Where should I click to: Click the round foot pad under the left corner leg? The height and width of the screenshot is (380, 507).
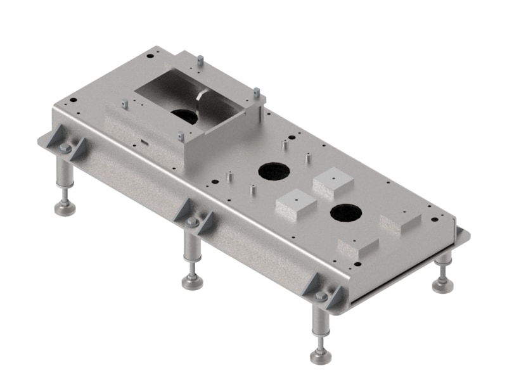click(65, 207)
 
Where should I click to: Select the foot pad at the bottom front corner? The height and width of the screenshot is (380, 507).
click(321, 356)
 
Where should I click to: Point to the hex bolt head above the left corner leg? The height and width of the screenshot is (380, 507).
click(65, 148)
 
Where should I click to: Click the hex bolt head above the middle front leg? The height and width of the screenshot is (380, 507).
click(192, 222)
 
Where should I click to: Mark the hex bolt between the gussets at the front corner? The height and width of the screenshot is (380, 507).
click(321, 296)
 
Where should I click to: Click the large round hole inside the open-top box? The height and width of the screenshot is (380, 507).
click(184, 117)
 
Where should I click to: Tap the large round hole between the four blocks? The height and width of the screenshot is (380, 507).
click(345, 213)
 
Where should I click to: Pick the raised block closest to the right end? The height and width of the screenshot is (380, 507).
click(400, 223)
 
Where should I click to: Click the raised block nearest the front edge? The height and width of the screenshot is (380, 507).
click(358, 247)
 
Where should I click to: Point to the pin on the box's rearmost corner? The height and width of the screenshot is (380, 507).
click(200, 61)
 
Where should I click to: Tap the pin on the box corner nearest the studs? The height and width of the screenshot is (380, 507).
click(256, 92)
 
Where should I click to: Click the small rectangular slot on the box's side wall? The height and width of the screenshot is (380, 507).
click(144, 142)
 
